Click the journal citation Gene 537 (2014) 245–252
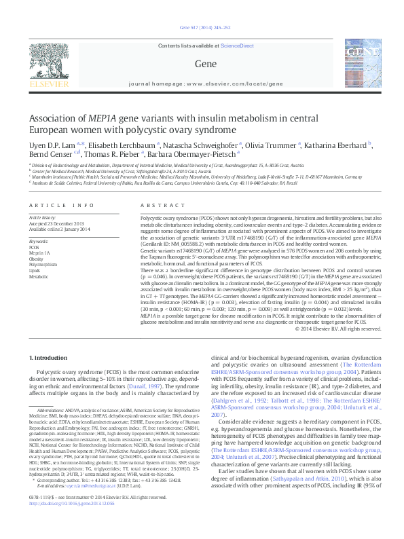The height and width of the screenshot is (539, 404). [201, 28]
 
